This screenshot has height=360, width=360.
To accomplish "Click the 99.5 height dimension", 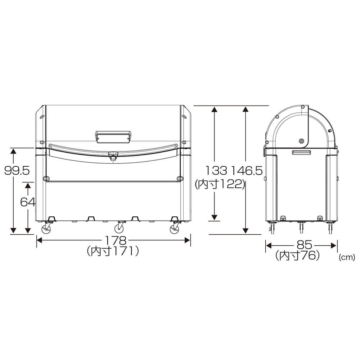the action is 17,170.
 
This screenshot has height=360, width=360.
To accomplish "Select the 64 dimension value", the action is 28,202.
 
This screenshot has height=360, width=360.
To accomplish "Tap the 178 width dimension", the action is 116,240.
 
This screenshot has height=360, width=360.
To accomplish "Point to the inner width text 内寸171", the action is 113,251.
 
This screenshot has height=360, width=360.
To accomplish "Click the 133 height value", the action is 216,170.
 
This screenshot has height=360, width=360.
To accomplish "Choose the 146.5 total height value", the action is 246,170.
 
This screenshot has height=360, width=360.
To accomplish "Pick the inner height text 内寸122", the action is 220,184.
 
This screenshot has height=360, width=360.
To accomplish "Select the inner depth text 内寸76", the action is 298,256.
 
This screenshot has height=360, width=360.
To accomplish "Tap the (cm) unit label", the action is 347,257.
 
